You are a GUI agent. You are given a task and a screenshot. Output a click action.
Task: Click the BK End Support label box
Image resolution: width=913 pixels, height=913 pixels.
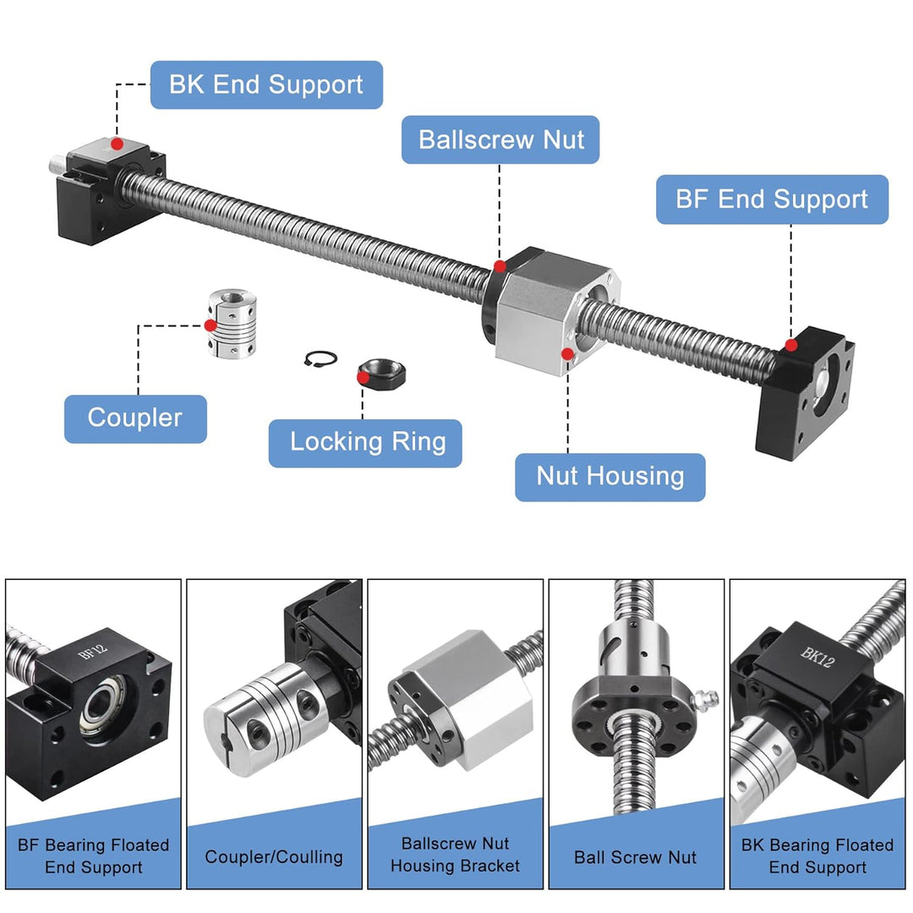[266, 85]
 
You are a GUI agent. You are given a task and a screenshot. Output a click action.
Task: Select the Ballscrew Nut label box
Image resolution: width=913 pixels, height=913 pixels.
[500, 139]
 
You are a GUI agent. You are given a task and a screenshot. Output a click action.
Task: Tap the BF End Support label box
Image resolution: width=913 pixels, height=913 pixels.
[772, 200]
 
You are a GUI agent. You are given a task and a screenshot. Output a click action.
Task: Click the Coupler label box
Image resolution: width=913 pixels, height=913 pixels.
[135, 418]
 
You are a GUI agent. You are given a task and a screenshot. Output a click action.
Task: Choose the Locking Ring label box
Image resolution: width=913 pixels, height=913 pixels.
[365, 443]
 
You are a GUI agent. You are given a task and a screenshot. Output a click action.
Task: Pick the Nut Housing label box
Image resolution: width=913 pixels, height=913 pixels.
[610, 477]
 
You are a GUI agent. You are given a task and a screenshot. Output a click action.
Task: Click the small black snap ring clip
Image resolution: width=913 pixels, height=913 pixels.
[318, 358]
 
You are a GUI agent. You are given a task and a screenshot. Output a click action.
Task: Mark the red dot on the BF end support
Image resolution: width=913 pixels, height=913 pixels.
[791, 345]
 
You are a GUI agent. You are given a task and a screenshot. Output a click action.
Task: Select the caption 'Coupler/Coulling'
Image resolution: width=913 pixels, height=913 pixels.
[274, 856]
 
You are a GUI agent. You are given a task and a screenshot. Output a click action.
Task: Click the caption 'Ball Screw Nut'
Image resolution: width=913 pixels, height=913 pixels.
[636, 856]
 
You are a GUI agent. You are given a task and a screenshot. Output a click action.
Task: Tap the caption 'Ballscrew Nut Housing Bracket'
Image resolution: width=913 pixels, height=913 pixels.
[455, 855]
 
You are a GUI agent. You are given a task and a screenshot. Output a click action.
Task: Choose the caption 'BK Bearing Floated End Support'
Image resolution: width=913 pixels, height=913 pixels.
[817, 856]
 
